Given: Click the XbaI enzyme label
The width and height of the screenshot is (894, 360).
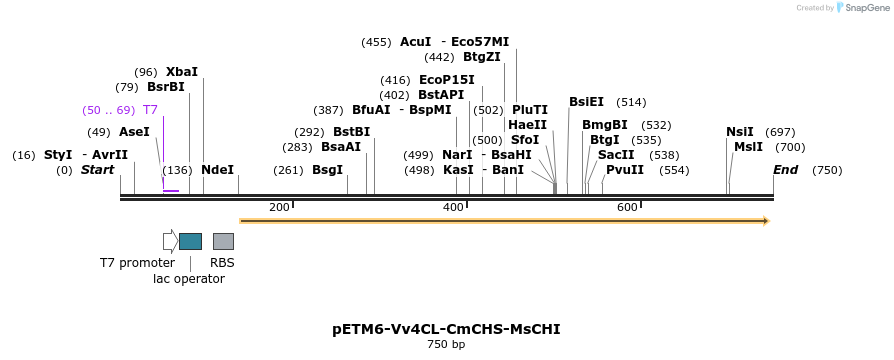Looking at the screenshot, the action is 182,72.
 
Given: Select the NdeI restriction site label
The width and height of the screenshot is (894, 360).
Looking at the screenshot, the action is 218,170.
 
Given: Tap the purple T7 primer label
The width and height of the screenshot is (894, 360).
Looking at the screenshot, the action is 150,110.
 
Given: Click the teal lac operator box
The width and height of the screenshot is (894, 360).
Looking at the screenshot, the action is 190,241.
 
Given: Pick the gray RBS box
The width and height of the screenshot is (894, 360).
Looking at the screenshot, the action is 223,241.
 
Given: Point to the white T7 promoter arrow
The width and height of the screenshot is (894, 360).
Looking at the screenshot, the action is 170,241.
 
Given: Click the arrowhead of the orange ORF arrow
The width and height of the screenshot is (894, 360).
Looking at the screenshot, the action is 765,220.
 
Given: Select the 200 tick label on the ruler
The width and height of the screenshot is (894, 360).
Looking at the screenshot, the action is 279,207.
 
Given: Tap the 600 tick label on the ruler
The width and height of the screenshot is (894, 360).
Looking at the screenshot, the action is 627,207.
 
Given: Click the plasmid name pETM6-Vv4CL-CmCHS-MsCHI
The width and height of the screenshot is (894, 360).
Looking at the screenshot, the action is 446,328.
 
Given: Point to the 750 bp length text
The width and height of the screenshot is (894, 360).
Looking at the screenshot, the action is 446,345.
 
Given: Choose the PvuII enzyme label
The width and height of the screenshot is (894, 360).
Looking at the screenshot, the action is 625,170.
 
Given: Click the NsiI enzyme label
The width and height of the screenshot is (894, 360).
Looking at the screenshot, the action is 740,132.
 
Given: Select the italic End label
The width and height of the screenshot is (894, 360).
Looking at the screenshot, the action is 785,170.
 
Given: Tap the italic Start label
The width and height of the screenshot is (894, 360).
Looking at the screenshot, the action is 97,170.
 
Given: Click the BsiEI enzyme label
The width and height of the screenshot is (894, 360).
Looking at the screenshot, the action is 586,102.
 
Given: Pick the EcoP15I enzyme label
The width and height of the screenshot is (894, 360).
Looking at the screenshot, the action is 447,80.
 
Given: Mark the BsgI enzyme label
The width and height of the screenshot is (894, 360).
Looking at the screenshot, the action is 327,170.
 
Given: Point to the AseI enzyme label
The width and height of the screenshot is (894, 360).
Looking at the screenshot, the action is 134,132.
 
